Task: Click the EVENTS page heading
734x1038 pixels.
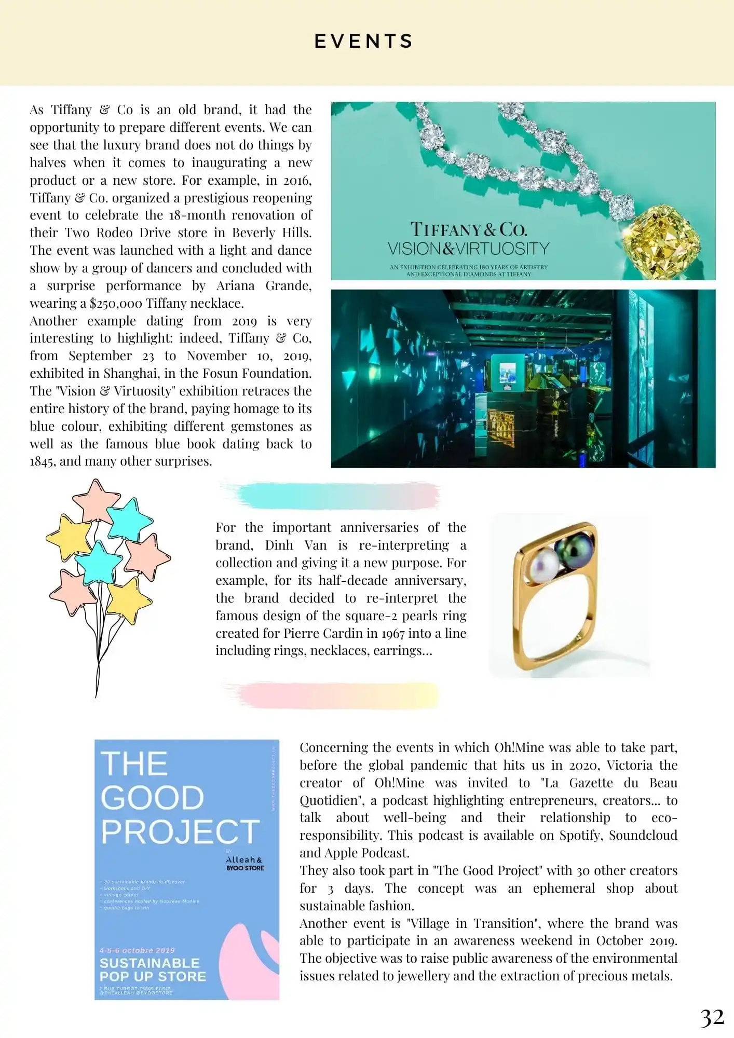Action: click(x=364, y=42)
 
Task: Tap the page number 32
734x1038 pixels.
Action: click(x=712, y=1018)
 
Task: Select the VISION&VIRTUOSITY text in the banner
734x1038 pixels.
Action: click(x=468, y=249)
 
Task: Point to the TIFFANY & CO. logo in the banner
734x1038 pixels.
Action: click(x=468, y=229)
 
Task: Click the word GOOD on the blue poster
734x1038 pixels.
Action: click(x=152, y=798)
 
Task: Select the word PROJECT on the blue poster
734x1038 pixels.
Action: click(x=180, y=832)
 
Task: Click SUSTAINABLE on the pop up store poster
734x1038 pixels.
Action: click(x=149, y=963)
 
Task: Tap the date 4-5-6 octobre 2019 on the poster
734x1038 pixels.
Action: click(x=137, y=950)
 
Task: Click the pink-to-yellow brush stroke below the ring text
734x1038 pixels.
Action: click(x=332, y=695)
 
